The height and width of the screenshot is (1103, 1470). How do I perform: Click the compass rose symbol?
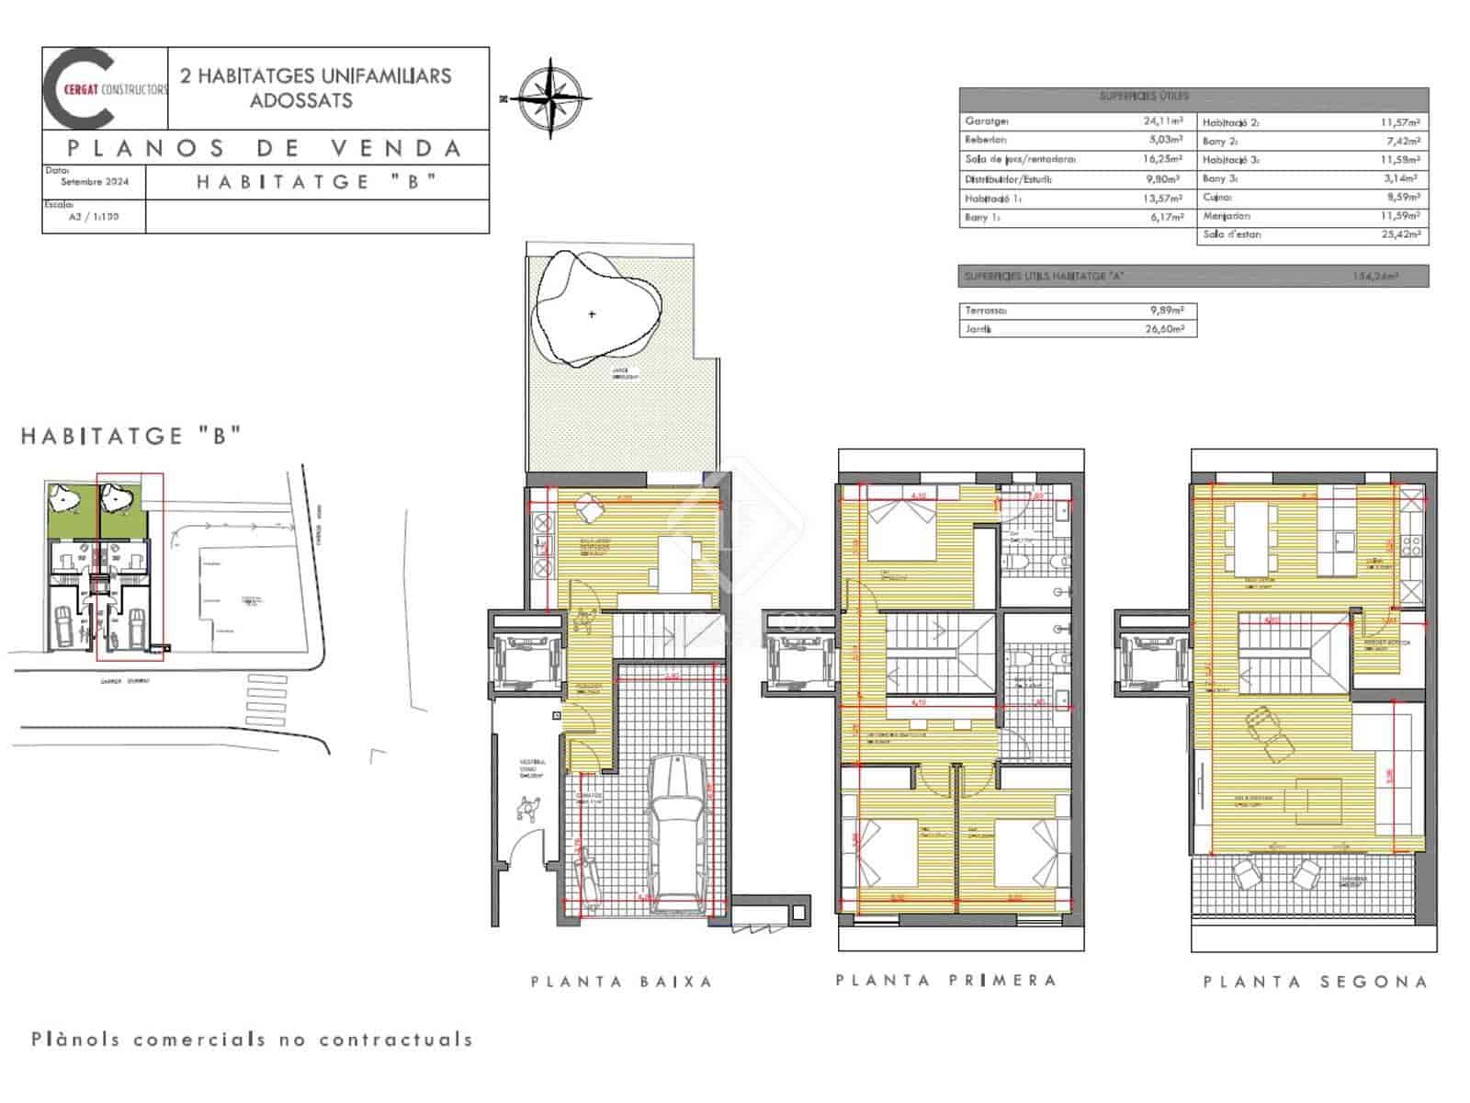click(550, 98)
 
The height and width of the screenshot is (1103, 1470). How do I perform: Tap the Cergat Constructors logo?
click(105, 88)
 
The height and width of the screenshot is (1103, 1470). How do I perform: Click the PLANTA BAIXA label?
click(622, 982)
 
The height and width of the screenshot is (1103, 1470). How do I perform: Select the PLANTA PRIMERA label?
click(946, 980)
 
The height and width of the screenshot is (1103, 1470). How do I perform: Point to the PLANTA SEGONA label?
click(1316, 982)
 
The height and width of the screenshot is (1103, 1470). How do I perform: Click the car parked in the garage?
click(677, 833)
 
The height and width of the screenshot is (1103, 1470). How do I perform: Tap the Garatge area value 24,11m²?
click(1163, 120)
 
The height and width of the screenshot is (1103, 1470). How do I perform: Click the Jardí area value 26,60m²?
click(1164, 328)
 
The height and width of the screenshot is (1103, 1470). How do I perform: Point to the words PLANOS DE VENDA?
click(265, 148)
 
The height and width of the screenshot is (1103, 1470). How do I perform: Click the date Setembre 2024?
click(95, 181)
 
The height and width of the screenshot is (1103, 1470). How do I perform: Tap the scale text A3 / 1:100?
click(94, 217)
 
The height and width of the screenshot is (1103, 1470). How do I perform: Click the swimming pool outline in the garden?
click(594, 311)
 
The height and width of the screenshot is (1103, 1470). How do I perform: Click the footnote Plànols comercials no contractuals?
click(253, 1040)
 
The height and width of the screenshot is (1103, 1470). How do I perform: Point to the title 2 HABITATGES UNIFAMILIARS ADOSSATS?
click(315, 87)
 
